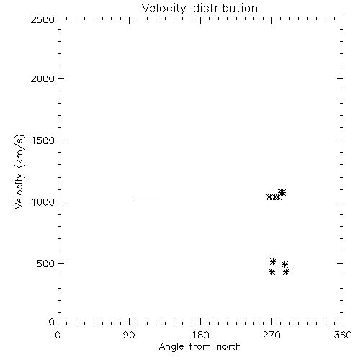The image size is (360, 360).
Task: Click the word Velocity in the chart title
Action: tap(163, 9)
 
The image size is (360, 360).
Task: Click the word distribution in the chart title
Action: tap(225, 8)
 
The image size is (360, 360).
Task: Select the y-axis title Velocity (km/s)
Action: tap(19, 171)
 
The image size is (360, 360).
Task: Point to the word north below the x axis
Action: tap(229, 347)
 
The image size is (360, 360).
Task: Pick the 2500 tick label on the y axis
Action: tap(42, 19)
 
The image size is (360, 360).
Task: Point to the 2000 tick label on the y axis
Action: tap(42, 78)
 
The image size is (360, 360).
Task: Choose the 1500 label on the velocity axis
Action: tap(43, 140)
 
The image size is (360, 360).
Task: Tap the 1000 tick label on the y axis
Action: tap(43, 202)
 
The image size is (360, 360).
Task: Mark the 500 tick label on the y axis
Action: tap(46, 264)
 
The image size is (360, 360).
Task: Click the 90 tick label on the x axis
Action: tap(129, 335)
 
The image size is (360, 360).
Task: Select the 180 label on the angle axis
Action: tap(200, 335)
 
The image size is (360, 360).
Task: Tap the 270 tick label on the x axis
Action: tap(271, 335)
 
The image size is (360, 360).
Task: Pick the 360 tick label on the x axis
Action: tap(343, 335)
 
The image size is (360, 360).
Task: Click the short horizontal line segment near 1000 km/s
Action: tap(149, 197)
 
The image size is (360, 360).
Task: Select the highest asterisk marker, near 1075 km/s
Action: tap(282, 192)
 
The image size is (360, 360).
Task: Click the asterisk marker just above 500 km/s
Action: tap(274, 261)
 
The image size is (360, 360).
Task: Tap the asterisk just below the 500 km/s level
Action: tap(284, 265)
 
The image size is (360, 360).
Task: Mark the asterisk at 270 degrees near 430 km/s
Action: tap(271, 272)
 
